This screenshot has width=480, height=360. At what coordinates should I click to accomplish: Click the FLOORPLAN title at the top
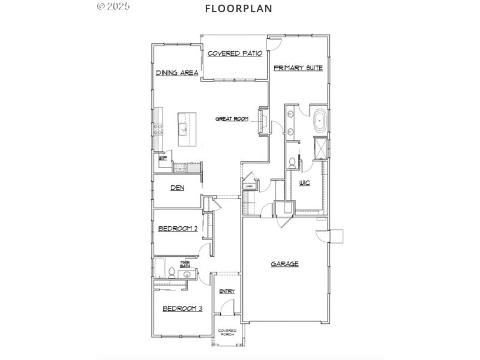coord(238,8)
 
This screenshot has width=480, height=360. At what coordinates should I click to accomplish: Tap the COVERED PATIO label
coord(235,53)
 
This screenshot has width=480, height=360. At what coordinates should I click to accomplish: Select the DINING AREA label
coord(177,73)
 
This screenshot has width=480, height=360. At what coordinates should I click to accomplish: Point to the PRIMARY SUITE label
coord(298,68)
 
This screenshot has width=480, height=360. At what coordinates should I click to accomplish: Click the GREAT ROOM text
coord(232,119)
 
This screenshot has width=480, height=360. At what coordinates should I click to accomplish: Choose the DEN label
coord(177,188)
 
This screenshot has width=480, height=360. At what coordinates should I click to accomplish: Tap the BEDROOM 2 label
coord(178,228)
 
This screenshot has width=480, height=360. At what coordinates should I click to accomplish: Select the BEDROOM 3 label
coord(182,308)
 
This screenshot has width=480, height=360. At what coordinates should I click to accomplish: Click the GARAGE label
coord(284,263)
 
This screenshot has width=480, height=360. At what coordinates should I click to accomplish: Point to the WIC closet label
coord(304,182)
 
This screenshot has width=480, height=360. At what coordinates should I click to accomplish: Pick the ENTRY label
coord(227,291)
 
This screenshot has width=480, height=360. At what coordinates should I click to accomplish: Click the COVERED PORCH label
coord(227,332)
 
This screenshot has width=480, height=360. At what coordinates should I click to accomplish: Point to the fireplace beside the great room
coord(262,122)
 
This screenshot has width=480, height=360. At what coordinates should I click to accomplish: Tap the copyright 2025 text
coord(113,6)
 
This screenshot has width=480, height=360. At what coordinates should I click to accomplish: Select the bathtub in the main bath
coord(160,268)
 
